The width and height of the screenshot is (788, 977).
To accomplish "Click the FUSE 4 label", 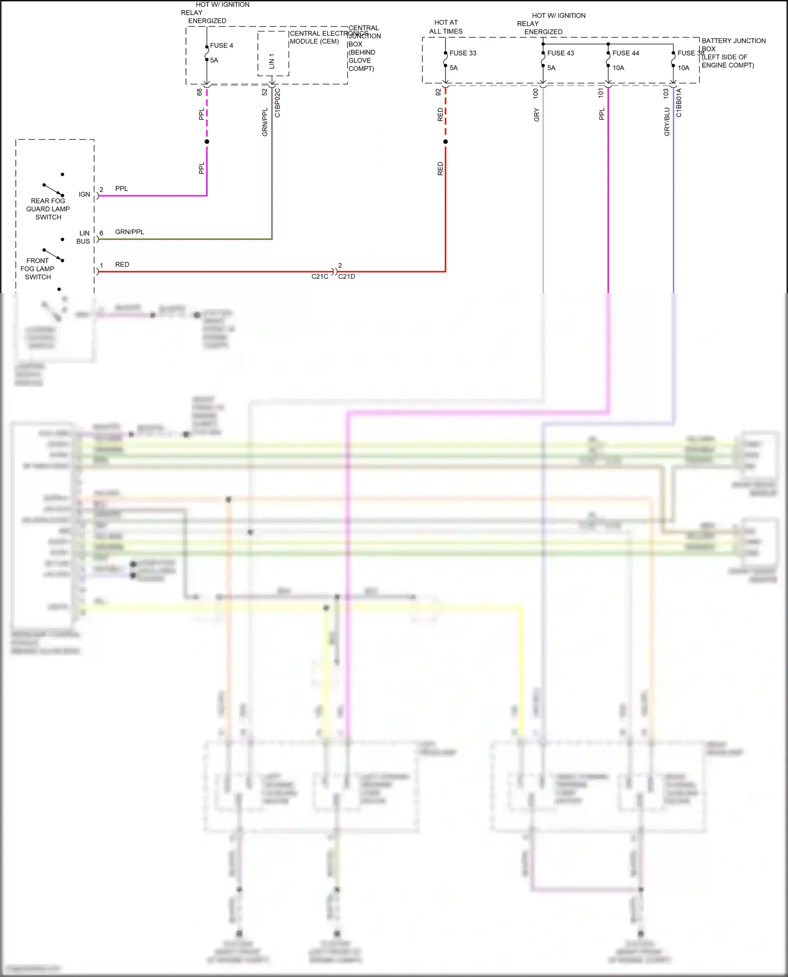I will pos(221,46).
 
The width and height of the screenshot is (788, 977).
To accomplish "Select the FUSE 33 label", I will pos(462,53).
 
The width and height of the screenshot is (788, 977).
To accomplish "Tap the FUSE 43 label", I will pos(560,53).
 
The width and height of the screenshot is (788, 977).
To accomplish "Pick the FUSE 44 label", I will pos(625,53).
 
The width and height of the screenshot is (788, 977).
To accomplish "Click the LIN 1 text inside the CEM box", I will pos(272,61).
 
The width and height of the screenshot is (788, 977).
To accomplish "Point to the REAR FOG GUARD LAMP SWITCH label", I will pos(48,209).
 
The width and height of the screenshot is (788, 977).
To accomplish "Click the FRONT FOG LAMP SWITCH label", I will pos(37,269).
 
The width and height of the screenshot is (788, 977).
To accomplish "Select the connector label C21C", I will pos(319,277).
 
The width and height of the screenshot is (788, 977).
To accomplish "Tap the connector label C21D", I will pos(347,277).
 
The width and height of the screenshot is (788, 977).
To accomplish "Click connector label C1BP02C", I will pos(277,103).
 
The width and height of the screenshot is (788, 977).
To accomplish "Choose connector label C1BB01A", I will pos(679,103).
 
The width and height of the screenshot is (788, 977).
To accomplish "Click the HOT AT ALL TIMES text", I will pos(445,27).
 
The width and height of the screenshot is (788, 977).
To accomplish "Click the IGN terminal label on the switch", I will pos(84,194).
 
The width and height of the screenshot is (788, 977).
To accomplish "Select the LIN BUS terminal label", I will pos(84,237).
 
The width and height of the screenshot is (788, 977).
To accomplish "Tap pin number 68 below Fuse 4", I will pos(200,92).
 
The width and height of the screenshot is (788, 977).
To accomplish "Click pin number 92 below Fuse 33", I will pos(438,92).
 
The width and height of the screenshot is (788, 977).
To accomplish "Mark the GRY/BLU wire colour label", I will pos(667,122).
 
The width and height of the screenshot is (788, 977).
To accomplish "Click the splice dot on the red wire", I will pos(445,142).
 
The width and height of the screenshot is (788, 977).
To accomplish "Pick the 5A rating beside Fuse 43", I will pos(551,68).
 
